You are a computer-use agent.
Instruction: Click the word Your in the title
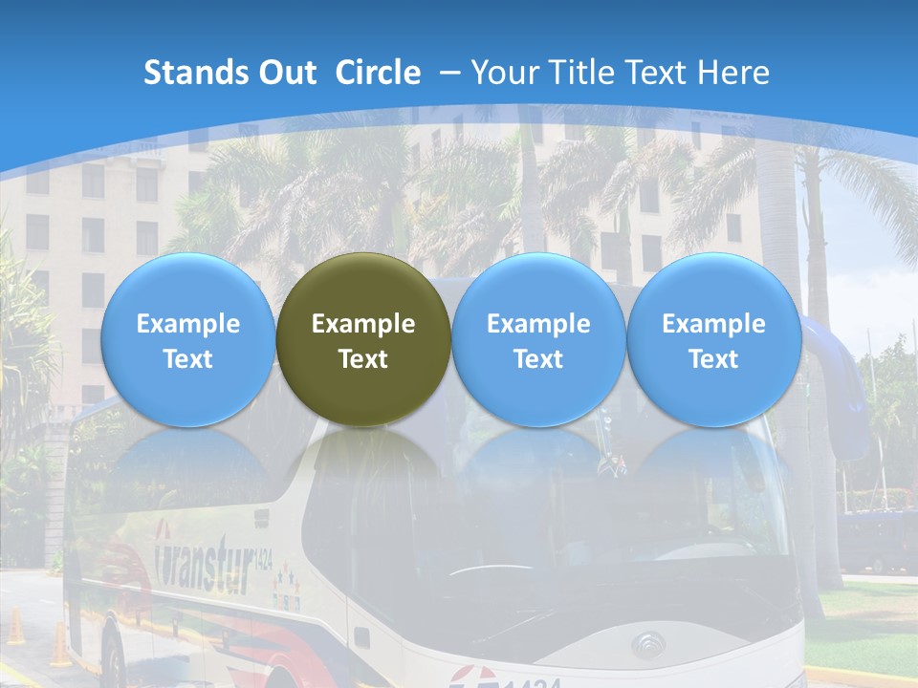pos(503,73)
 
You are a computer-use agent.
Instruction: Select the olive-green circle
pos(363,339)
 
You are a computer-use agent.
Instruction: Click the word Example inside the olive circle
pos(363,324)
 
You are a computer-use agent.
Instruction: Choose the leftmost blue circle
pos(187,339)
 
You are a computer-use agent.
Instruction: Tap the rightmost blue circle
pos(713,339)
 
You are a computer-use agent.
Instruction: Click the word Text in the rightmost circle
pos(713,359)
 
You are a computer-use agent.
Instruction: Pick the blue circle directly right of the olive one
pos(538,339)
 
